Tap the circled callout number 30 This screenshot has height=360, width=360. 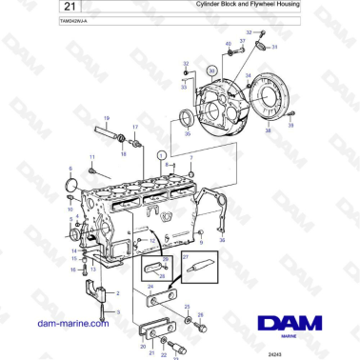pyautogui.click(x=211, y=70)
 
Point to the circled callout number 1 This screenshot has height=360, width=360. pyautogui.click(x=161, y=153)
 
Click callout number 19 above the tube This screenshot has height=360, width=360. pyautogui.click(x=106, y=117)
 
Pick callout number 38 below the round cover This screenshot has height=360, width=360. pyautogui.click(x=268, y=130)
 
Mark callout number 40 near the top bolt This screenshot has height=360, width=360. pyautogui.click(x=229, y=45)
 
